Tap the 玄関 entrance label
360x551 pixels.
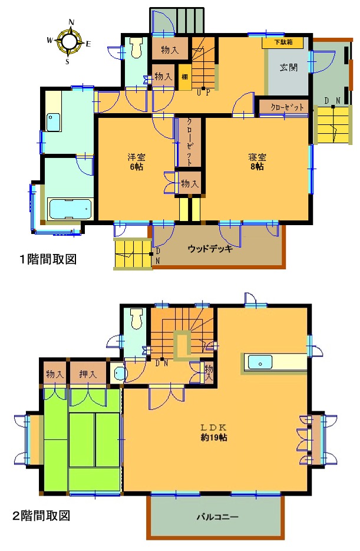click(x=288, y=67)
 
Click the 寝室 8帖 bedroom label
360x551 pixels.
click(x=257, y=161)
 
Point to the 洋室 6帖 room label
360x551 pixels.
click(x=137, y=161)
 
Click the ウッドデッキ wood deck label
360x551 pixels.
click(x=210, y=248)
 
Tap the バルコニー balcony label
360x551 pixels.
click(x=217, y=517)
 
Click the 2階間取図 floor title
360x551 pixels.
click(x=41, y=516)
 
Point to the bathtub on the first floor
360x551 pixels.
click(x=70, y=209)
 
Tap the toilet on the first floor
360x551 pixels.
click(x=137, y=47)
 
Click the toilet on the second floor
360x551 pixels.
click(x=137, y=319)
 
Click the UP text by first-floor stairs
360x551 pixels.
click(x=203, y=93)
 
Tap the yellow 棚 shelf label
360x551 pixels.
click(x=184, y=77)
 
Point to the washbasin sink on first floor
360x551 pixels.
click(x=53, y=122)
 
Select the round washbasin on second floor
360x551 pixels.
click(x=117, y=372)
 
